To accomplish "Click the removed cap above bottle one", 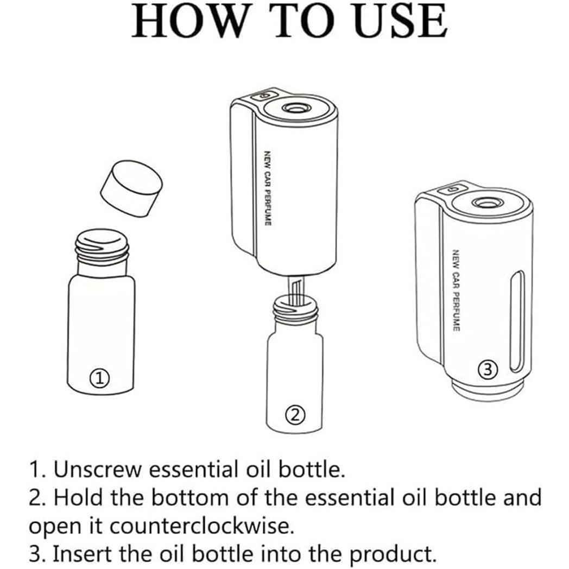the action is coord(131,189).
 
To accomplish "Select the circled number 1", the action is coord(99,378).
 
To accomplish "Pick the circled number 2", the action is coord(295,414).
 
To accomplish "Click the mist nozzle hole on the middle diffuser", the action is coord(294,108).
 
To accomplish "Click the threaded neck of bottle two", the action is coord(295,308).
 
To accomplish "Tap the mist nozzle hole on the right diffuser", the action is coord(486,203).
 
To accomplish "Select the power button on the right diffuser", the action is coord(453,189).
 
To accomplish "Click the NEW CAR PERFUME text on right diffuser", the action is coord(456,290).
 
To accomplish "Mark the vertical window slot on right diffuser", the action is coord(517,321).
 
